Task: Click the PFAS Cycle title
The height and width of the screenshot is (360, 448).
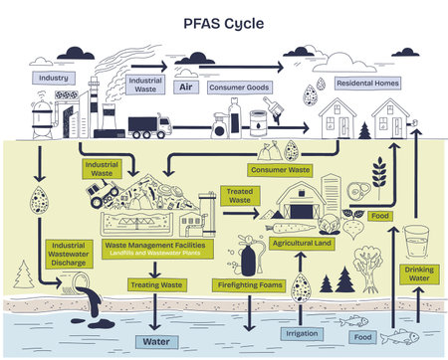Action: click(224, 21)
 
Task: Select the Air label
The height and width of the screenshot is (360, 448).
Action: click(184, 87)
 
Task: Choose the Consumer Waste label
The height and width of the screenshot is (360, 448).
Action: click(281, 170)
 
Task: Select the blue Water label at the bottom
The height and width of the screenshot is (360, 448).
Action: click(156, 341)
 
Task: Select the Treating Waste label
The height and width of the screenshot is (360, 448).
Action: click(157, 285)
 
